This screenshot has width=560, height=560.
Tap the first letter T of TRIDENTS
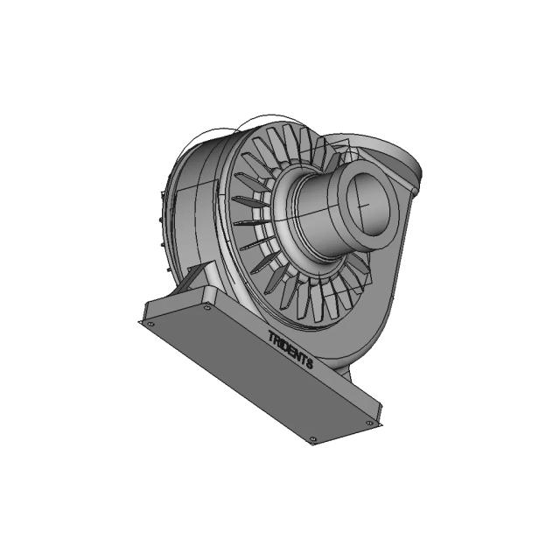tap(271, 334)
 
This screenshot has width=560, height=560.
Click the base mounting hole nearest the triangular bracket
tap(207, 307)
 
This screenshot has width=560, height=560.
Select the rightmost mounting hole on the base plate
tap(368, 423)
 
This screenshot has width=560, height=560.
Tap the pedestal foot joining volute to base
tap(343, 373)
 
